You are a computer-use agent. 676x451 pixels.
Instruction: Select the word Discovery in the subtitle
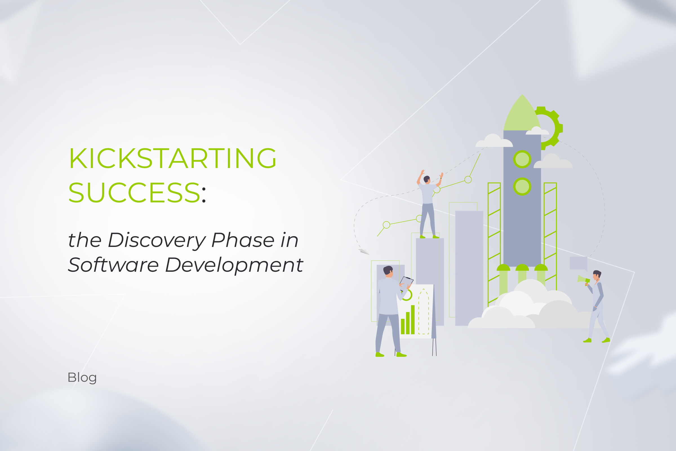(157, 240)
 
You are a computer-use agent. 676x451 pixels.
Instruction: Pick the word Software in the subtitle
(113, 265)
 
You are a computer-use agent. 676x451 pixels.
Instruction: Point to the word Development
(234, 265)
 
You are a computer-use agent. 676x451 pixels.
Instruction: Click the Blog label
(82, 378)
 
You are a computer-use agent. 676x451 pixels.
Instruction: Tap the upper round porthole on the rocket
(522, 159)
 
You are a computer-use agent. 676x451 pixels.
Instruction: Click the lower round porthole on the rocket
(522, 186)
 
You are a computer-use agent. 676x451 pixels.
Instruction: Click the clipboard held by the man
(406, 283)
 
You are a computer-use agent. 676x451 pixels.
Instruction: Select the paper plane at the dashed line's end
(364, 252)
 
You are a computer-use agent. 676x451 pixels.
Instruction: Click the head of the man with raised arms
(427, 180)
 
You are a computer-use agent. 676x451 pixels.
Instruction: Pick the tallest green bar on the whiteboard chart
(413, 320)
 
